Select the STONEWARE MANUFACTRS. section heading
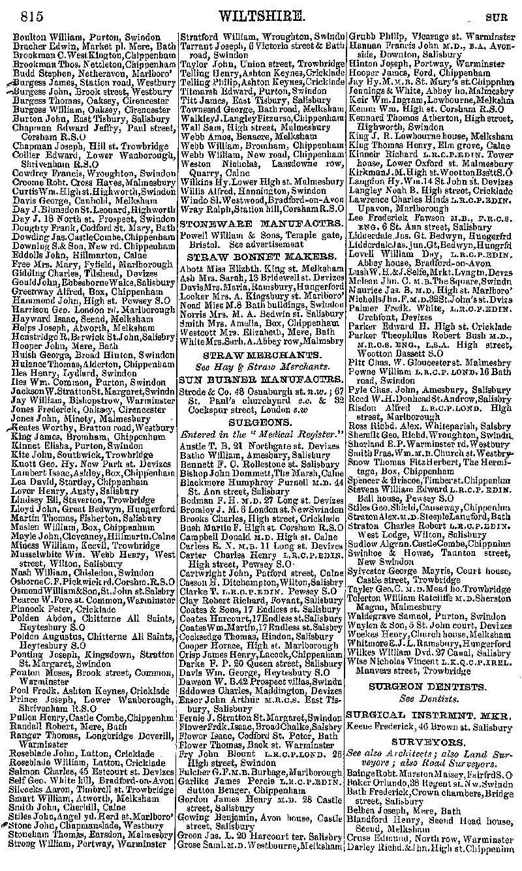click(261, 223)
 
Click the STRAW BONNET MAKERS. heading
click(261, 256)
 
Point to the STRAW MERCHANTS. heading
click(261, 356)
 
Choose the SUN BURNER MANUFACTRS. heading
click(261, 376)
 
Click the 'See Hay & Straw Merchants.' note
click(261, 366)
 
